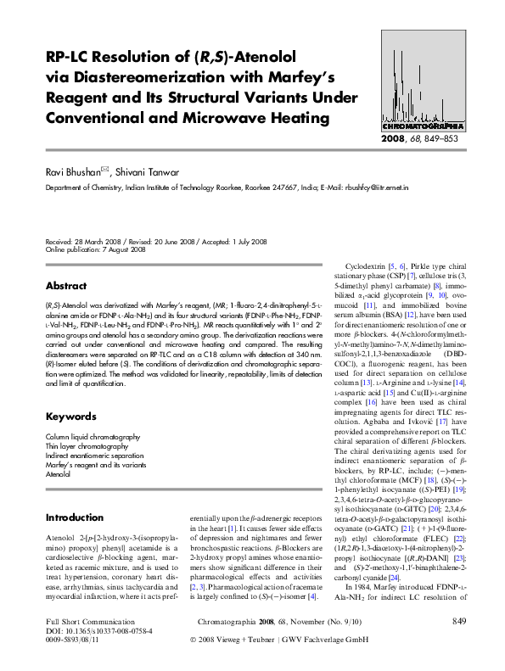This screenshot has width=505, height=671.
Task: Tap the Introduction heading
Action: click(74, 517)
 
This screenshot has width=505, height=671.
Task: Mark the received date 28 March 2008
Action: click(98, 218)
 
